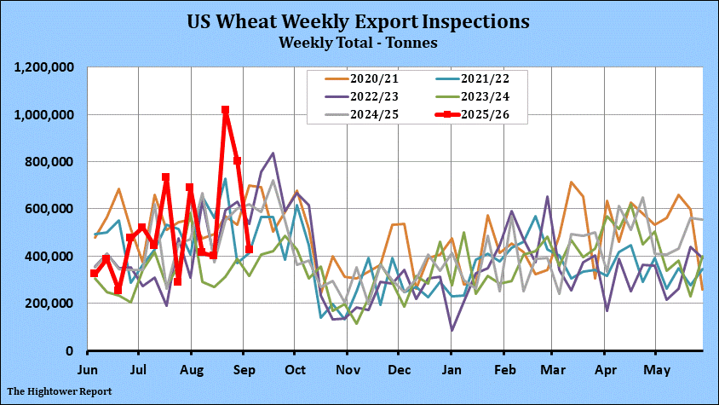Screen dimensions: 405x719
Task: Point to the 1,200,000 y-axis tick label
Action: pos(44,67)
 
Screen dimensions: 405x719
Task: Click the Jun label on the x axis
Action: pos(87,370)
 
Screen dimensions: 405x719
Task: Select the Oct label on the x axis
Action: pos(294,370)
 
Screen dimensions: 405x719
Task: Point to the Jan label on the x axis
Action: pos(452,370)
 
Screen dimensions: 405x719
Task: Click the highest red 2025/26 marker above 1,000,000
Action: pos(225,110)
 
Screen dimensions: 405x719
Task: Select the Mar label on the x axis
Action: pos(553,370)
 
